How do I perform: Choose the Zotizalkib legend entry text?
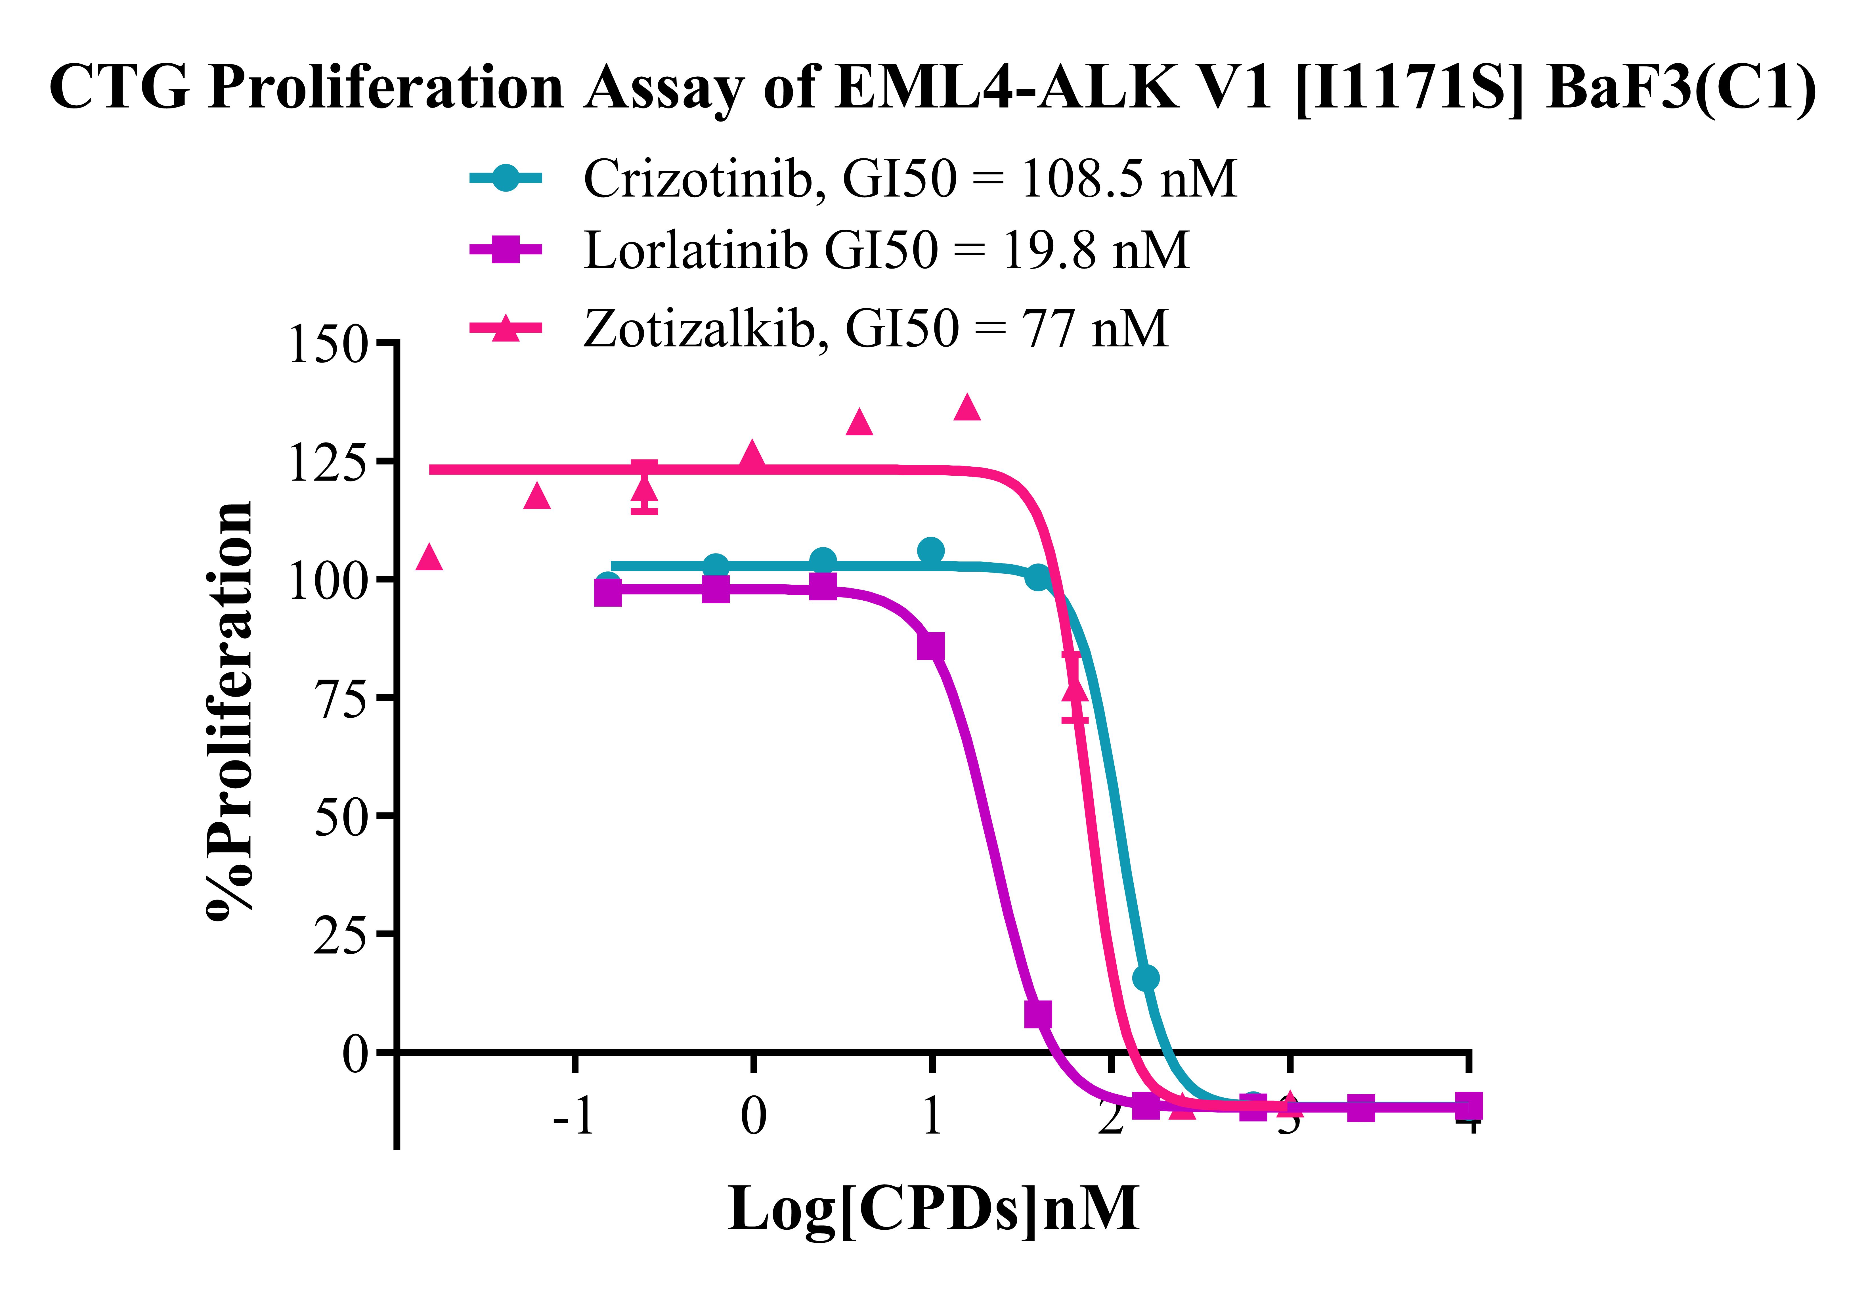(x=875, y=328)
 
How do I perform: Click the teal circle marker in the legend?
(x=506, y=178)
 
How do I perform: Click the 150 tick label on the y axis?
(x=328, y=345)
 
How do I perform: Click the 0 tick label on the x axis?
(x=753, y=1116)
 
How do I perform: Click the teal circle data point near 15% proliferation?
(x=1145, y=978)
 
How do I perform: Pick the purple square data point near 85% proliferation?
(x=931, y=646)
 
